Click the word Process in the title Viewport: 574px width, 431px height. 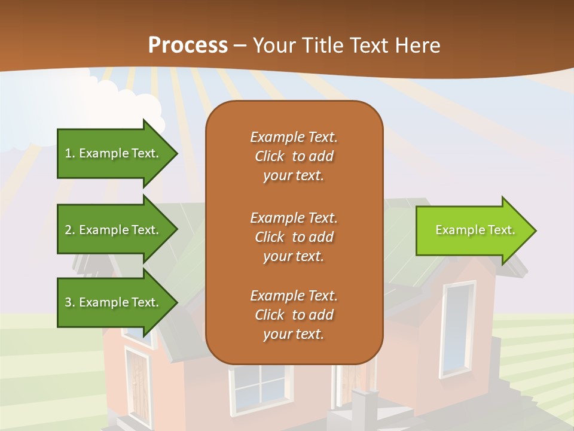coord(188,45)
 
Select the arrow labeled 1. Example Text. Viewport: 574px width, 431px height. coord(114,153)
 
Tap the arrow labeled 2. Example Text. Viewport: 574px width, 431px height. coord(114,230)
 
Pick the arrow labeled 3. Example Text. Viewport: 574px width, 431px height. coord(114,302)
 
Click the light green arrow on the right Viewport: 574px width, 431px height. coord(472,230)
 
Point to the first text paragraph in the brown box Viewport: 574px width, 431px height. coord(294,156)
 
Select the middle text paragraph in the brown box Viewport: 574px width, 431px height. coord(294,237)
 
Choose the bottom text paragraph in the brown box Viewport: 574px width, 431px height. coord(294,315)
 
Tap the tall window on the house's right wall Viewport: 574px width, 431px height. coord(458,329)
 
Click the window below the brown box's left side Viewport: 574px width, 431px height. coord(261,387)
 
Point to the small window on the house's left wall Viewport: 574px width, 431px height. coord(137,383)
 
